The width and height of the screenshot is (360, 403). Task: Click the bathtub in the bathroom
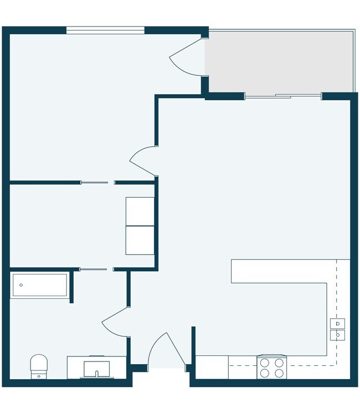point(40,285)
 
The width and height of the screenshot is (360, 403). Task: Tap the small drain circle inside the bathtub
point(21,285)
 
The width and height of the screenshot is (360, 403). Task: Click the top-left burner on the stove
point(265,363)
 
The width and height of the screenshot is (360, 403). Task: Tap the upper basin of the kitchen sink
point(337,323)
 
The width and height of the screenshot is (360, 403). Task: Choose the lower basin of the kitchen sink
point(337,335)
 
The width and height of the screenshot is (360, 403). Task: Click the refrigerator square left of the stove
point(212,367)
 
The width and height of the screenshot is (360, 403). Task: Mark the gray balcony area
point(280,61)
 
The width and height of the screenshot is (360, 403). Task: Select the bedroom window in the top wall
point(105,30)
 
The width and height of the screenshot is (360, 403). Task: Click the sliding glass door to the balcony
point(283,97)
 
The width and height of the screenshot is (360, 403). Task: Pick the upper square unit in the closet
point(140,211)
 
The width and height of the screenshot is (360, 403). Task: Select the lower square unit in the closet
point(140,240)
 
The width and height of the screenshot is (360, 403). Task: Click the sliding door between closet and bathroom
point(93,269)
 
